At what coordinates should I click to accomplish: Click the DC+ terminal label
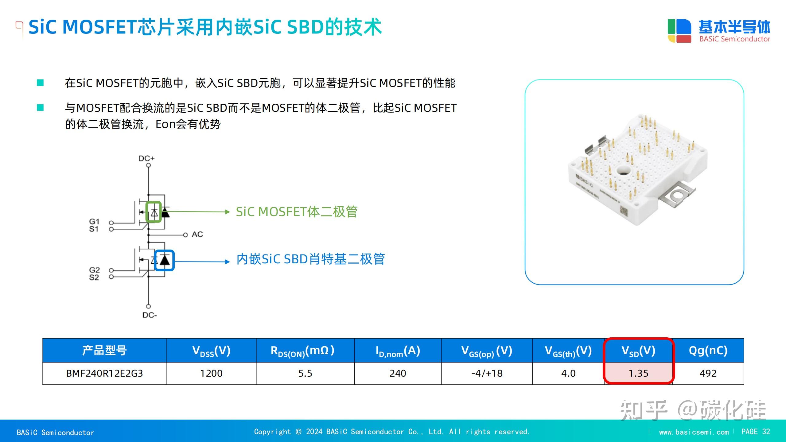146,158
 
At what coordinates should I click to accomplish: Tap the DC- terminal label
150,315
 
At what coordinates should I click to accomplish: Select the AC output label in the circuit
197,235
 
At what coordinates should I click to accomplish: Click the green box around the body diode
154,212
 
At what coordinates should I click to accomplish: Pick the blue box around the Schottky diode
164,260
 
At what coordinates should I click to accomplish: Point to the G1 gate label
94,221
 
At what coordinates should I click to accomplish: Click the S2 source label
94,277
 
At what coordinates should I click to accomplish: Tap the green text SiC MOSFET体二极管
297,212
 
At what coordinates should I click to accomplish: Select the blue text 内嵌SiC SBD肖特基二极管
310,259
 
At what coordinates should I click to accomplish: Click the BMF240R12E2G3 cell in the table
104,373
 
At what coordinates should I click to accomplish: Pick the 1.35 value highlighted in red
638,373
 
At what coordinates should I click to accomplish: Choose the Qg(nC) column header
708,351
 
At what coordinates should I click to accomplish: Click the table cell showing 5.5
305,373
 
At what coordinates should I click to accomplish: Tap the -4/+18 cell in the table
487,373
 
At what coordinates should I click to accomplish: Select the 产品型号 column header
104,351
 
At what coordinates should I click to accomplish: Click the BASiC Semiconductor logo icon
679,31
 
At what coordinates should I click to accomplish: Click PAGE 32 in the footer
756,432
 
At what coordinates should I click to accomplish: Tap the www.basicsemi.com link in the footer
694,432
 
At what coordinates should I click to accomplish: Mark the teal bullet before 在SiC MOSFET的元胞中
40,83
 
